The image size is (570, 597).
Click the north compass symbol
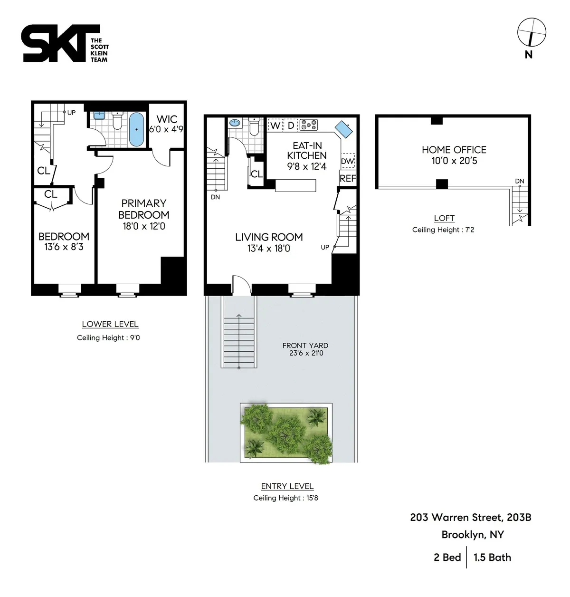[531, 32]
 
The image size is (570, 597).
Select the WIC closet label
[166, 119]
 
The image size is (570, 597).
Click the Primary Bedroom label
[143, 209]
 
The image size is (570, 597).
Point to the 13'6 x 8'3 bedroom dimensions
[64, 247]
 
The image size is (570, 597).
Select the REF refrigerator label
[348, 178]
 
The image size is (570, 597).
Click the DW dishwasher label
[348, 161]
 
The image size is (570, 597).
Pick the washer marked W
[275, 126]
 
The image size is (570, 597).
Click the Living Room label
[269, 237]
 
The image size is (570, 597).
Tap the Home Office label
[454, 150]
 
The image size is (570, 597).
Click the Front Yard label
[305, 346]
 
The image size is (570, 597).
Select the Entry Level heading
[287, 486]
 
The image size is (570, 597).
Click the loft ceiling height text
[443, 230]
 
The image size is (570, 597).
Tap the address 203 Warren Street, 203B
[470, 517]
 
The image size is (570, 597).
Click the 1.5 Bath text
[492, 557]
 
